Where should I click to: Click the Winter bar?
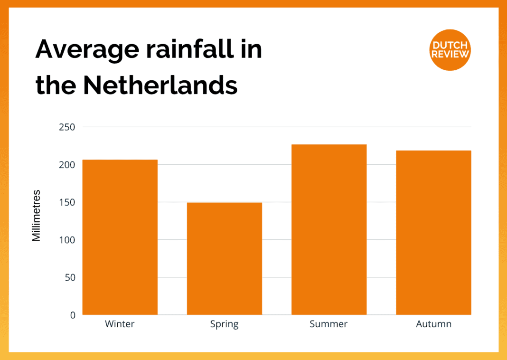(x=120, y=237)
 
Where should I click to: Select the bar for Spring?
(x=225, y=258)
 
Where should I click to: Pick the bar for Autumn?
(x=433, y=232)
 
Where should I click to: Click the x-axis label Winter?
(x=120, y=324)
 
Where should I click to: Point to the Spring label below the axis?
(x=224, y=325)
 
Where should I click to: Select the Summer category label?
(x=329, y=324)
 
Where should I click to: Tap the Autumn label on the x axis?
(x=433, y=324)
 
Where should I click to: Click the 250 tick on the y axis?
(x=67, y=127)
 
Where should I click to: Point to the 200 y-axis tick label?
(x=67, y=165)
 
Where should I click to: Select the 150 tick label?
(x=67, y=202)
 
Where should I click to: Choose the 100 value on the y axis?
(x=67, y=240)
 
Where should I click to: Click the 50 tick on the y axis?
(x=69, y=277)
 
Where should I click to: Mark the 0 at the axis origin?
(x=72, y=315)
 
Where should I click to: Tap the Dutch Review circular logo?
(x=450, y=49)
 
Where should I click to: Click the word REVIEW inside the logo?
(x=450, y=54)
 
